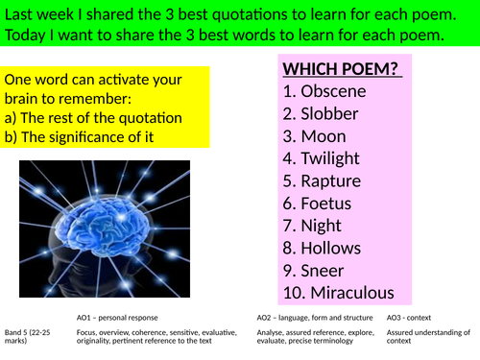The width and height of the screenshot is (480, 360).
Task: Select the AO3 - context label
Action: (x=414, y=315)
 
